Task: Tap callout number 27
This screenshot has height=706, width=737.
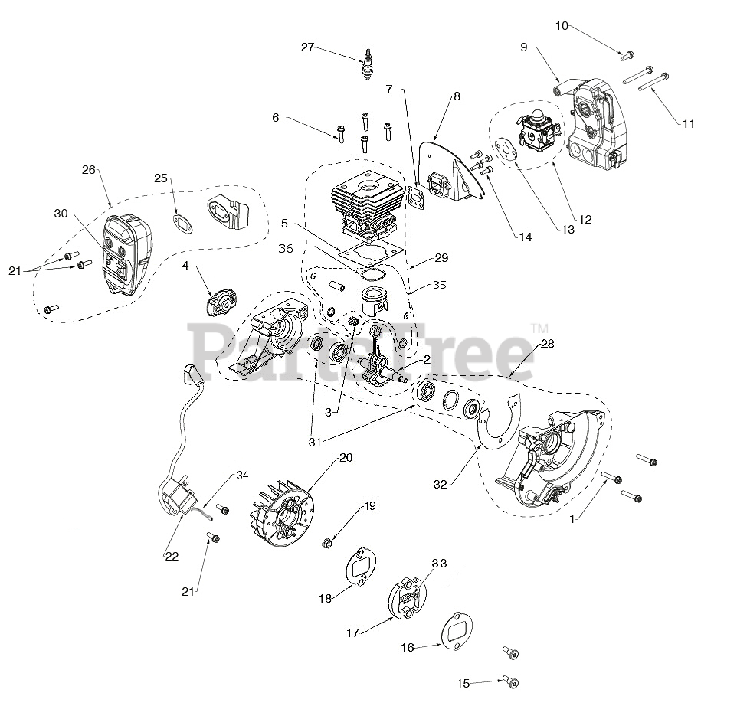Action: point(307,47)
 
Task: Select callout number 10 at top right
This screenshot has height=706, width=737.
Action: point(562,27)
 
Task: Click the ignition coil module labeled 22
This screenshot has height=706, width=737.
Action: point(178,491)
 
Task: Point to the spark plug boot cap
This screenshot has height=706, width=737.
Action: point(189,375)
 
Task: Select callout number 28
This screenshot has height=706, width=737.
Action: point(548,343)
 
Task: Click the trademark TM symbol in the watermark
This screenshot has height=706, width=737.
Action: point(533,328)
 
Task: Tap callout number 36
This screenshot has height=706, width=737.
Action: point(286,248)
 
